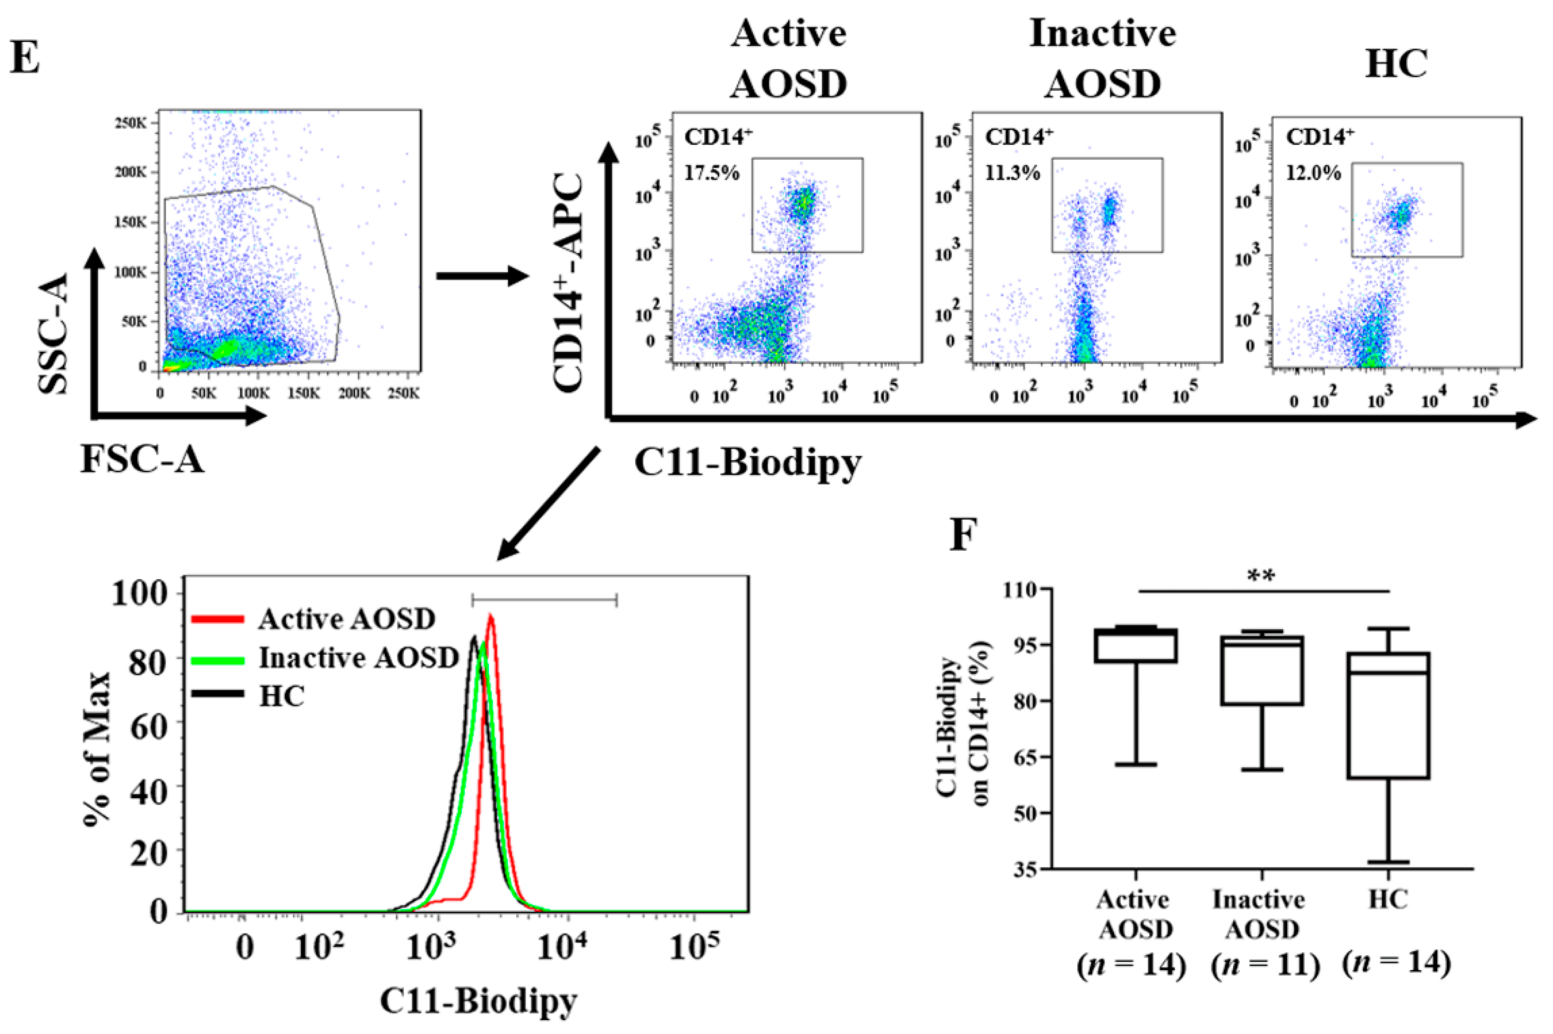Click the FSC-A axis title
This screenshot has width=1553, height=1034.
click(142, 459)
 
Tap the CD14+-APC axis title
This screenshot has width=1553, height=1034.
click(568, 284)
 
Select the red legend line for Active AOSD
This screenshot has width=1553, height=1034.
click(218, 619)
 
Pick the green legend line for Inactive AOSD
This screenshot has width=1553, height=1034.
click(218, 658)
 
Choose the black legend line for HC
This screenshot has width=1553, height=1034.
click(218, 695)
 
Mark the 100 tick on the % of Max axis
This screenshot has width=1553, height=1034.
click(144, 593)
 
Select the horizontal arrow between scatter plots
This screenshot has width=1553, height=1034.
click(481, 276)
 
